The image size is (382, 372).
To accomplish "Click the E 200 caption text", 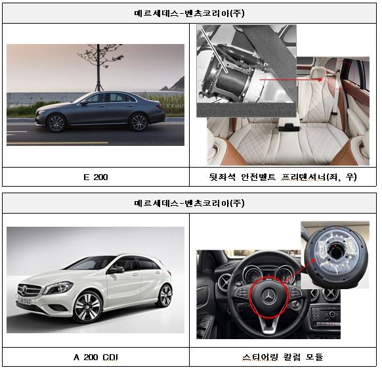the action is (96, 177).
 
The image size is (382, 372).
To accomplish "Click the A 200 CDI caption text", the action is (96, 358).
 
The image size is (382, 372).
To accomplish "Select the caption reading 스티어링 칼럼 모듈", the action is (283, 358).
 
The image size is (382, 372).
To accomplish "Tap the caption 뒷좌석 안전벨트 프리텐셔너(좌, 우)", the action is (283, 177).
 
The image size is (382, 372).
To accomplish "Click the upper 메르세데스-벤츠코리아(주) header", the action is (189, 13).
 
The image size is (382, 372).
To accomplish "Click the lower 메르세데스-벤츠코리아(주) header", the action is (189, 203).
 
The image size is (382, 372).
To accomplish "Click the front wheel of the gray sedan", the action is (56, 123).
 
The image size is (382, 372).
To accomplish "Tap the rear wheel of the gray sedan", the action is (138, 122).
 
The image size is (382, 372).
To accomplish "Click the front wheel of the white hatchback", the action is (88, 307).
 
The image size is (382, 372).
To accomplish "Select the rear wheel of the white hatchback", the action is (165, 295).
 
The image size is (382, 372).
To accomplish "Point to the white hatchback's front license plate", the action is (24, 300).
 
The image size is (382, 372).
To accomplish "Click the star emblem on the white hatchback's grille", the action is (24, 291).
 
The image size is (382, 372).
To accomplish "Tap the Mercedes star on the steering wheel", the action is (269, 297).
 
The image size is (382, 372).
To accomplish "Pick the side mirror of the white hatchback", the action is (116, 269).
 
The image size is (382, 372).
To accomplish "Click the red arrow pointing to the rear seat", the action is (291, 80).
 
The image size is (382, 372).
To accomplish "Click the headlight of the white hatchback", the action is (58, 288).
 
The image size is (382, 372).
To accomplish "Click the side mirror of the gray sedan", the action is (85, 103).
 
